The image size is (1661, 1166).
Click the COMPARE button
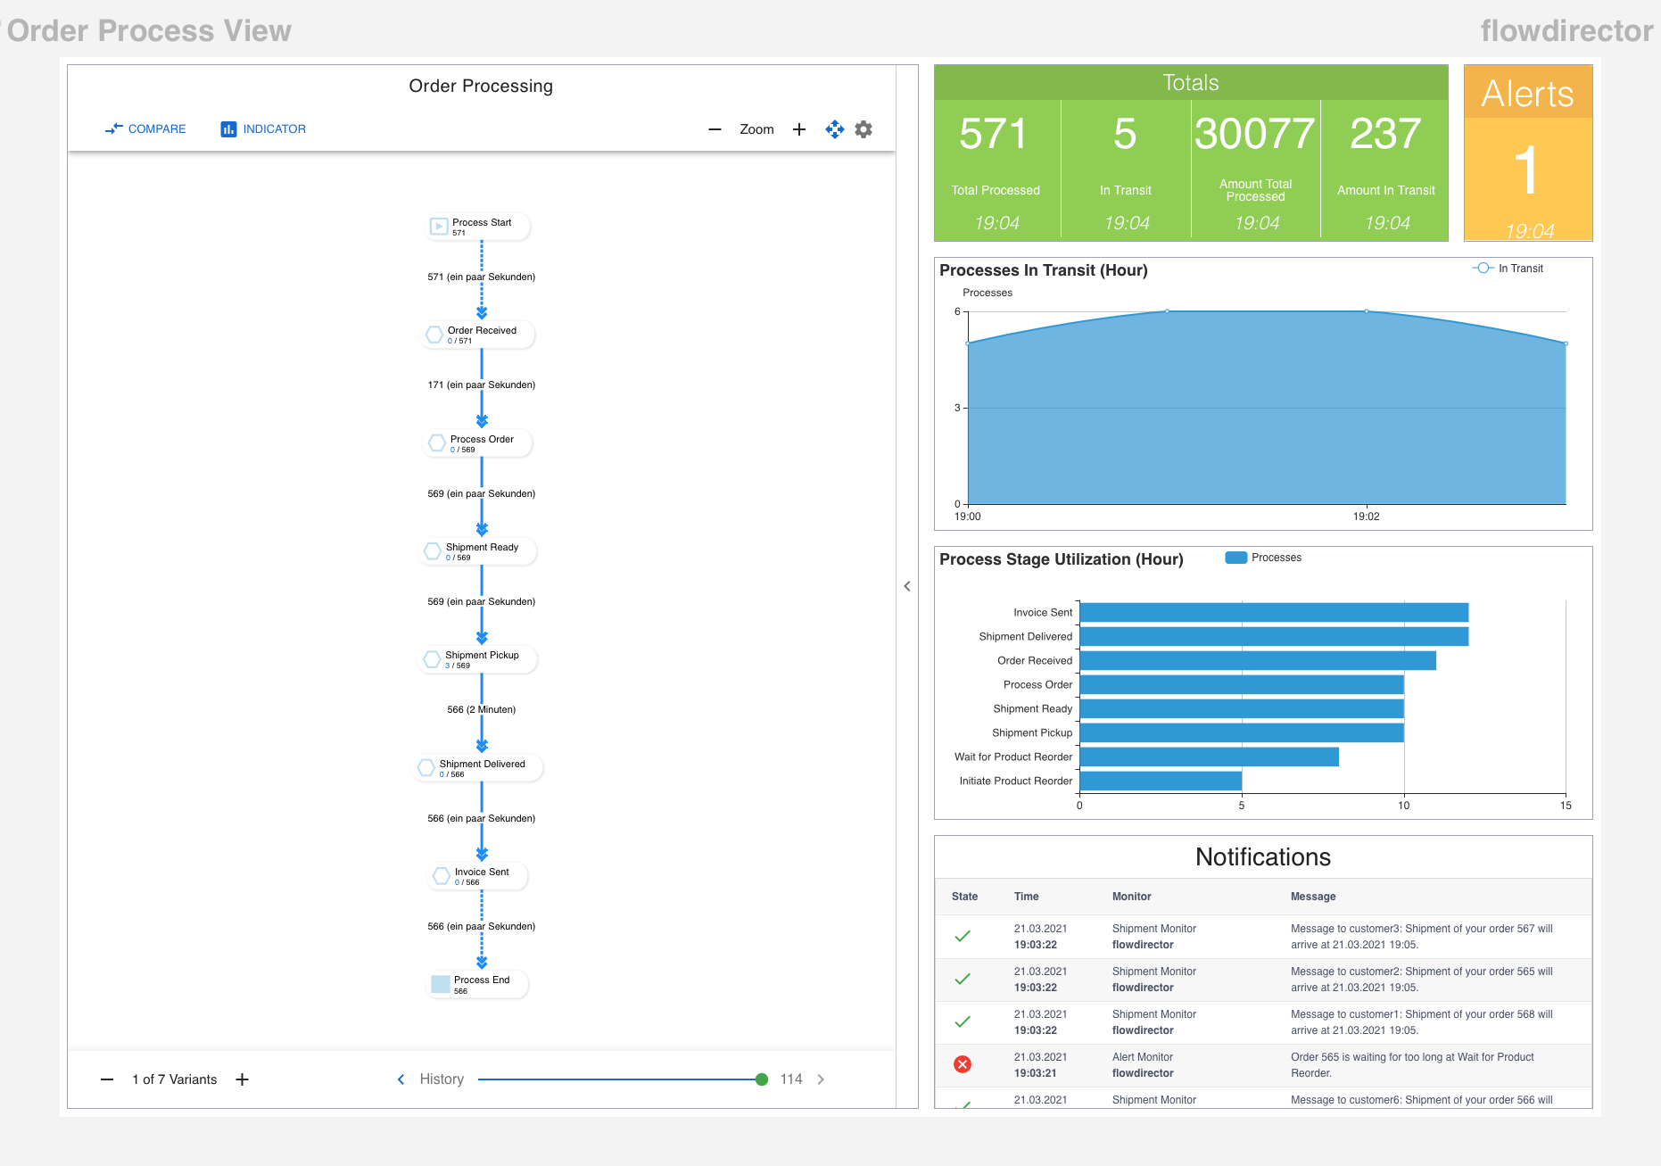[x=145, y=129]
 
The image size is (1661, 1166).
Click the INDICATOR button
[x=263, y=129]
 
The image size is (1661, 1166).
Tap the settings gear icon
[x=864, y=129]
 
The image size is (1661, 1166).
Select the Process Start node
[x=478, y=227]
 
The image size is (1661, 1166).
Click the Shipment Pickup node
[x=478, y=659]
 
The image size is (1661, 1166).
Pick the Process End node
[x=478, y=984]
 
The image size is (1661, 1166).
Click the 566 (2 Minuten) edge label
[x=482, y=710]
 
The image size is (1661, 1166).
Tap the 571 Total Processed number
[x=994, y=135]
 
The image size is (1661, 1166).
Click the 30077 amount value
[x=1254, y=135]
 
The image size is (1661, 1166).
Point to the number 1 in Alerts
[x=1527, y=170]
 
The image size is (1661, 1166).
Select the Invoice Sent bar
[x=1273, y=612]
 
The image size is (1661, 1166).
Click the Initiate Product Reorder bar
[x=1160, y=781]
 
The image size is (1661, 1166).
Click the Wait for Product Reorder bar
[x=1209, y=757]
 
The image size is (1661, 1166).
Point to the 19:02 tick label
[x=1366, y=517]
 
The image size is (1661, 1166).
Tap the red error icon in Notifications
[x=963, y=1064]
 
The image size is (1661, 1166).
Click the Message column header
[x=1313, y=897]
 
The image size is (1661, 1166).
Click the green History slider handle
[x=762, y=1079]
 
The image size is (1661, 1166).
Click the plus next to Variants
[x=242, y=1079]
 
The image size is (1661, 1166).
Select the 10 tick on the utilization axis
[x=1403, y=806]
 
